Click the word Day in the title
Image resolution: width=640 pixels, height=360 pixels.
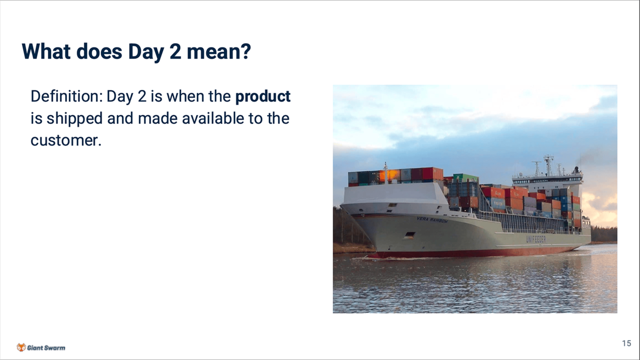point(146,52)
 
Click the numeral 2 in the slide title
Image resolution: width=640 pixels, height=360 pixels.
point(175,51)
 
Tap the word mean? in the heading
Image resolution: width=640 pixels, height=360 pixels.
point(219,52)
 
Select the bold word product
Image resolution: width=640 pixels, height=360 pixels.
point(263,97)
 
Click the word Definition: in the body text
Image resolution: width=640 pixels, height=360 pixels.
point(67,97)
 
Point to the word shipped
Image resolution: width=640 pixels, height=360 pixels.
point(75,119)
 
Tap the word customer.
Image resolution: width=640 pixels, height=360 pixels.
point(66,141)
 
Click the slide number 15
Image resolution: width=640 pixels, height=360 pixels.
point(627,343)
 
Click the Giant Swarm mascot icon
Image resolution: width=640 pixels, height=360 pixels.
point(21,347)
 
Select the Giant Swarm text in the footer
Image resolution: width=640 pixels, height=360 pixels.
point(46,348)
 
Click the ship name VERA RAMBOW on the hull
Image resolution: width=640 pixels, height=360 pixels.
point(433,220)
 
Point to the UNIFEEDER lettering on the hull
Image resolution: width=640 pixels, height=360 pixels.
point(536,239)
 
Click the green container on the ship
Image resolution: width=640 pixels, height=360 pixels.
point(465,178)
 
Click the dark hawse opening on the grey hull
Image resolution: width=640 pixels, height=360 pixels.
point(410,235)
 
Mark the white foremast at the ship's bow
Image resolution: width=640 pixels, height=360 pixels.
point(386,173)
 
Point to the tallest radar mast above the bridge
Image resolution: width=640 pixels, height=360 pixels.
point(549,166)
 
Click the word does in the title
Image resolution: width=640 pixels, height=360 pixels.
point(99,52)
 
